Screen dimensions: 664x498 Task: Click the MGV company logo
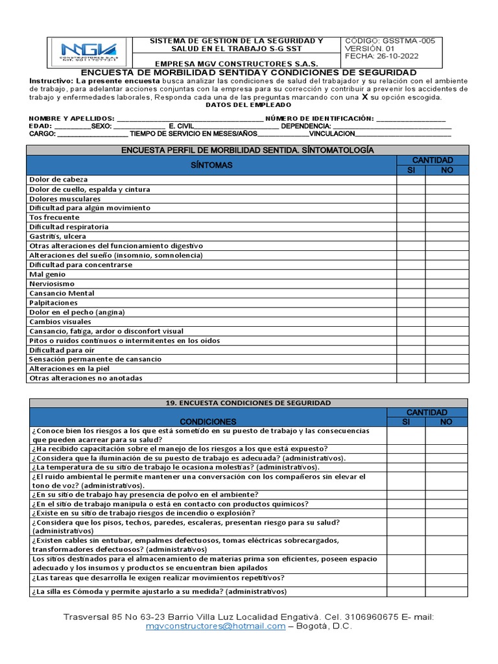(x=89, y=51)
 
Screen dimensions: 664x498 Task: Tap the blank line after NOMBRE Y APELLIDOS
(x=190, y=119)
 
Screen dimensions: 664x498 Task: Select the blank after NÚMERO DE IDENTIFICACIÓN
(x=410, y=119)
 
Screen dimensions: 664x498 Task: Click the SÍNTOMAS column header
(x=211, y=165)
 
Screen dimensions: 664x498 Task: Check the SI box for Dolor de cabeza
(x=410, y=180)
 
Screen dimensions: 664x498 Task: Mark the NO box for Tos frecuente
(x=447, y=217)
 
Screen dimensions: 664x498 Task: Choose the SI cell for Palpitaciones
(x=410, y=302)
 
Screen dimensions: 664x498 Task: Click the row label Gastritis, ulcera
(x=58, y=237)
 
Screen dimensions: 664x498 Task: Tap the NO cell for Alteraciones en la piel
(x=447, y=368)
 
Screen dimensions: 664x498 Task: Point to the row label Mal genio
(x=47, y=274)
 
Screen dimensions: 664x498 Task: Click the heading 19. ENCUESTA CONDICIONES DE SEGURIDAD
(x=248, y=403)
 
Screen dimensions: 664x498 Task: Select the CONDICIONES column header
(x=208, y=421)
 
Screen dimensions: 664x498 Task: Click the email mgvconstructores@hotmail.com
(x=215, y=626)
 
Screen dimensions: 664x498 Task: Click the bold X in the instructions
(x=364, y=97)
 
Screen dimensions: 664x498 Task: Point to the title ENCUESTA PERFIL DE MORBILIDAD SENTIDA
(x=248, y=150)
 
